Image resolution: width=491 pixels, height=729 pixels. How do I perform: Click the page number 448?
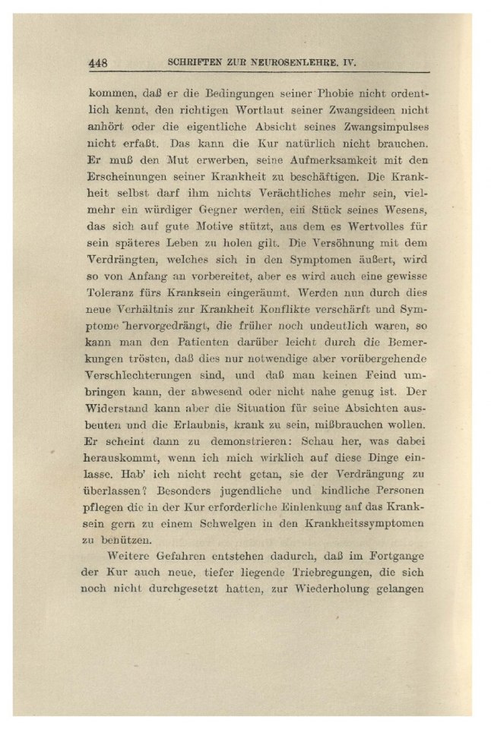tap(100, 63)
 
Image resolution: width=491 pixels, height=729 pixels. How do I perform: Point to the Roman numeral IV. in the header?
tap(349, 63)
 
